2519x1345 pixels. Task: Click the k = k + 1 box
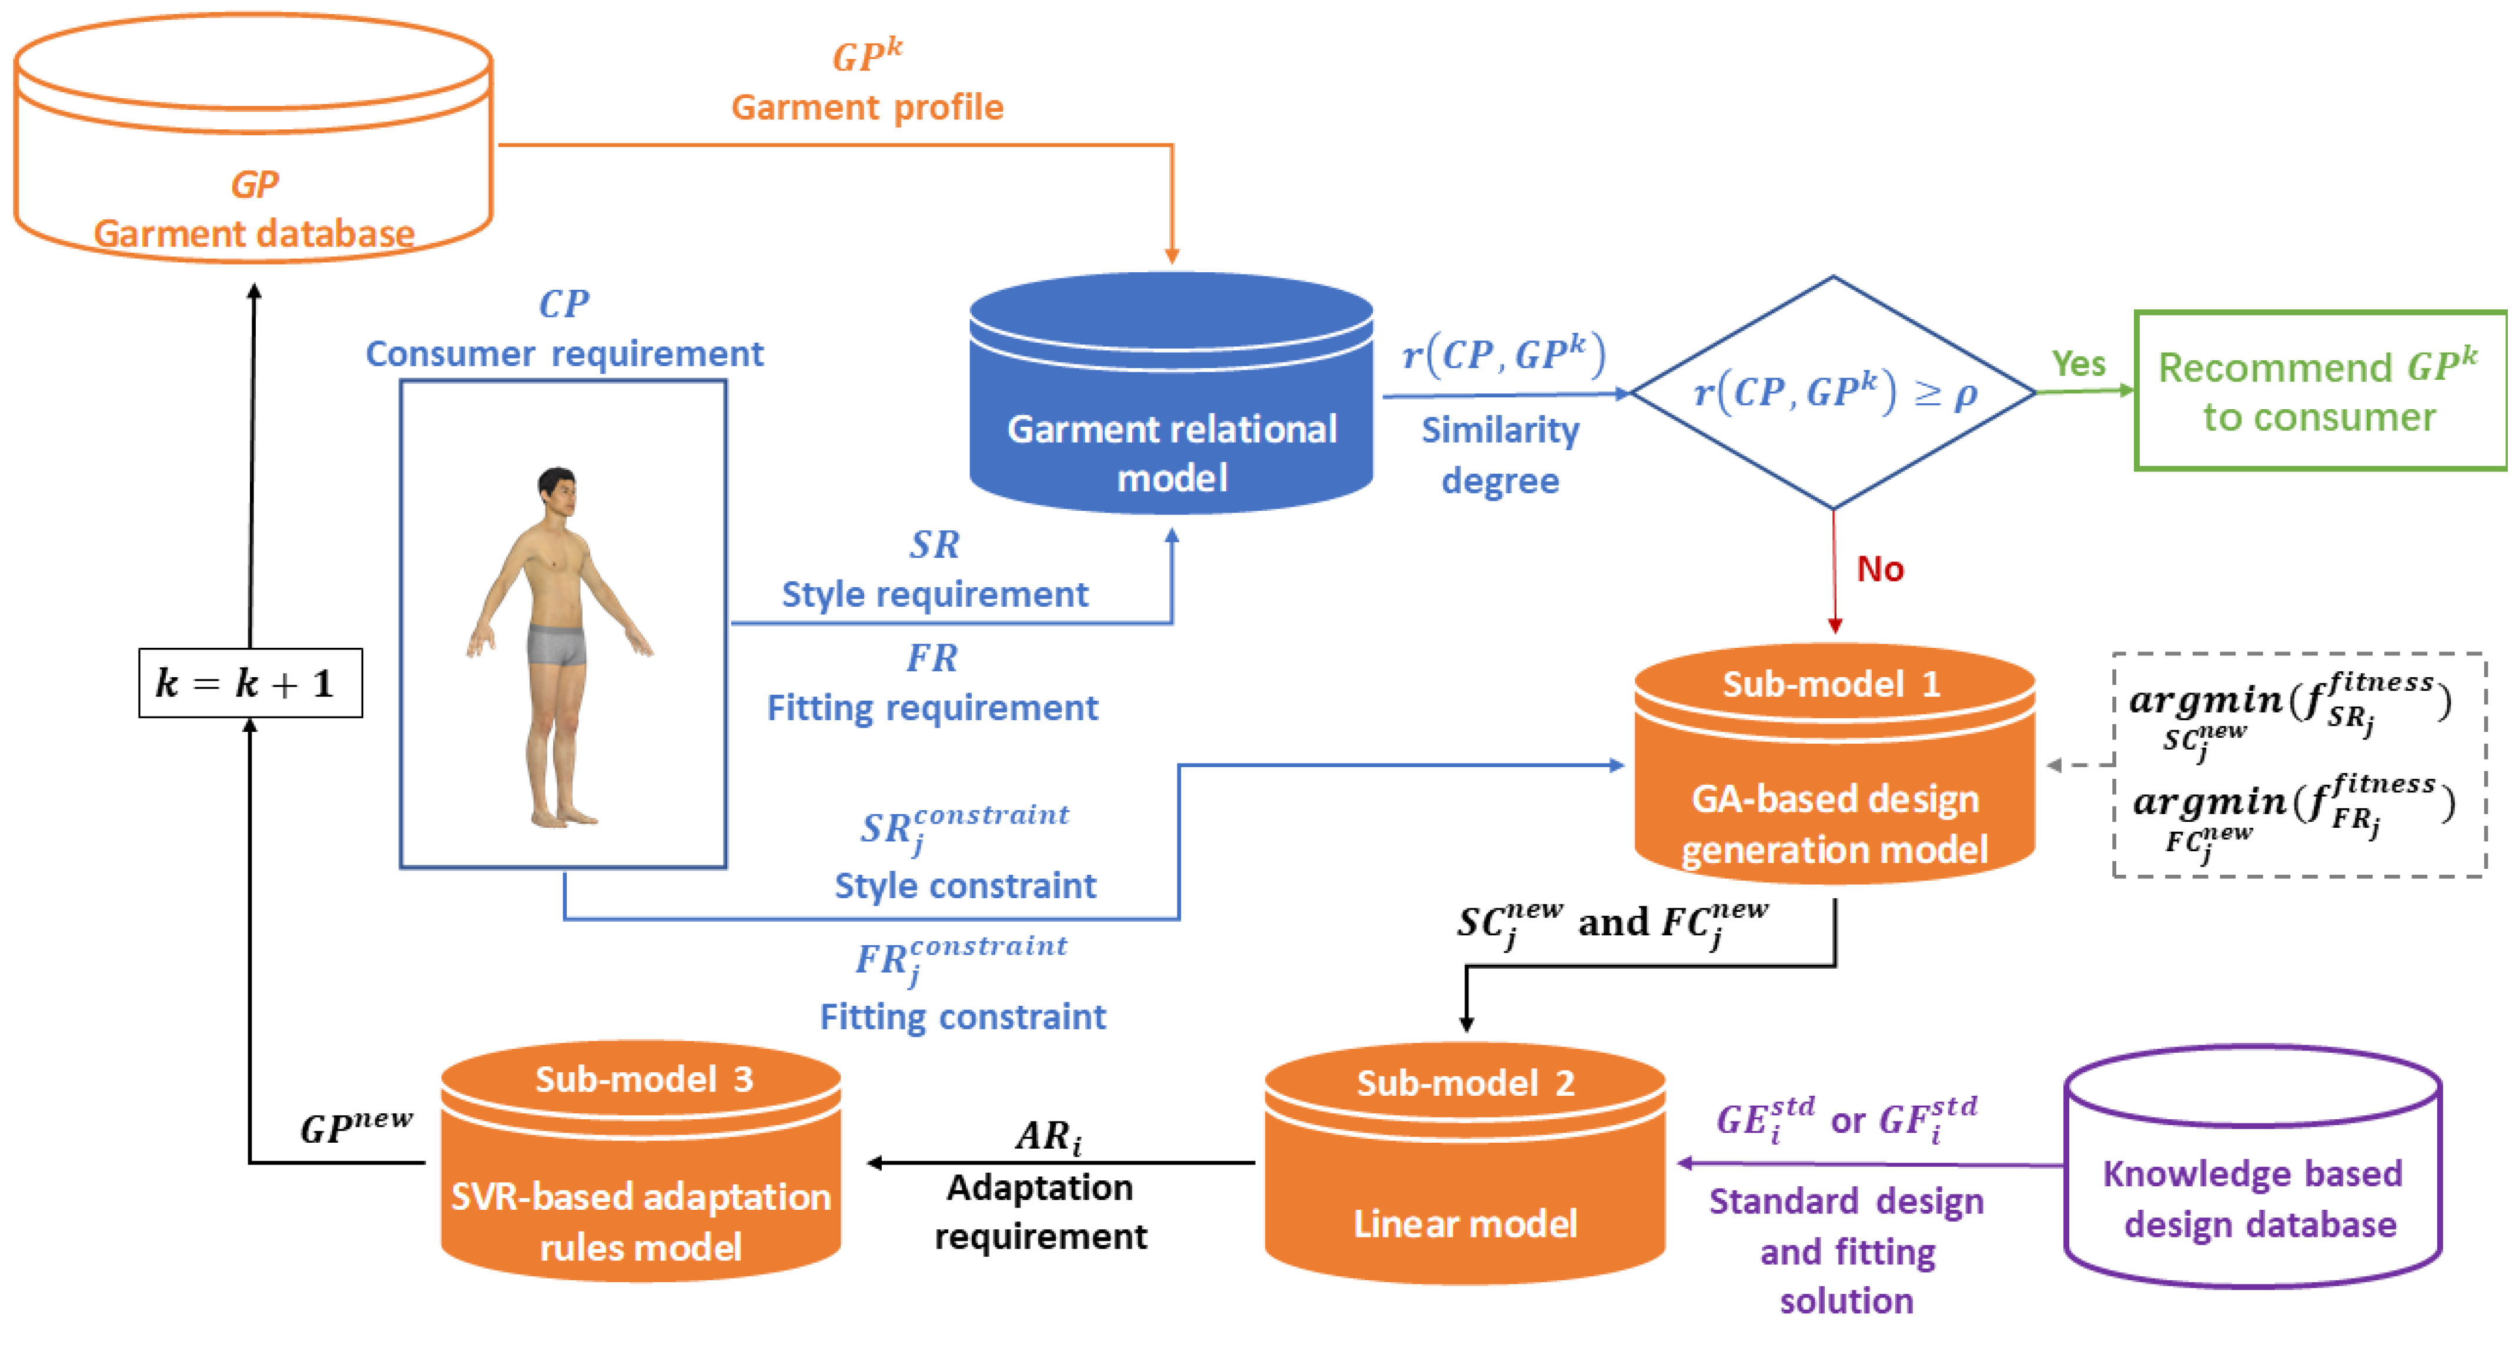250,682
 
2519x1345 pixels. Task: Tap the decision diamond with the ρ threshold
1834,392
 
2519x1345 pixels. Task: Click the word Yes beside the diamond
2078,364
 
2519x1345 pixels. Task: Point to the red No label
1879,568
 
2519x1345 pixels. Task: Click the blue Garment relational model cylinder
1172,411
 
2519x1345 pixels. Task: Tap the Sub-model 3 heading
644,1079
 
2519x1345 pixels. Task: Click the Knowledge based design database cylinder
2252,1174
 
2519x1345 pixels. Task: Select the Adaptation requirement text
1041,1211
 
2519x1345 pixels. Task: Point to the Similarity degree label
1500,455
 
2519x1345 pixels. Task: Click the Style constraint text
965,885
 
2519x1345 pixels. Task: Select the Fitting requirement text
932,707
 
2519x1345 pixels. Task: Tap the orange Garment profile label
867,106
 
